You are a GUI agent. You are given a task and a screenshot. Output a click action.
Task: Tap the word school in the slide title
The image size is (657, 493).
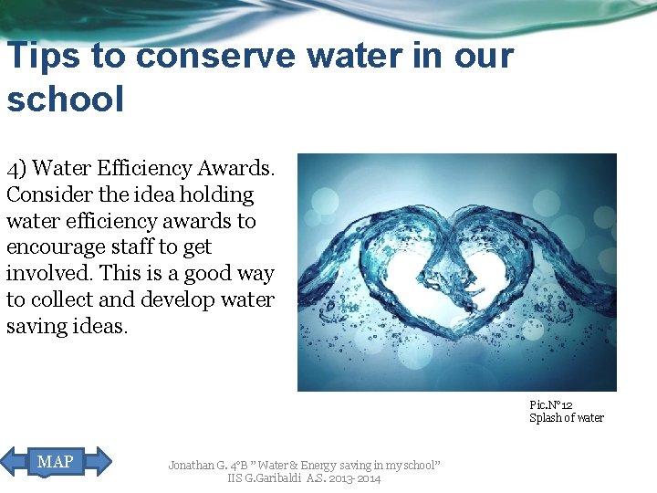pyautogui.click(x=65, y=100)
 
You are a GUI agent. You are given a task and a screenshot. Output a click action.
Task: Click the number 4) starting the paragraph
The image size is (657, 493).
pyautogui.click(x=17, y=169)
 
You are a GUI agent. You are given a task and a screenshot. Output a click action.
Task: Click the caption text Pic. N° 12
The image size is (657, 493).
pyautogui.click(x=551, y=404)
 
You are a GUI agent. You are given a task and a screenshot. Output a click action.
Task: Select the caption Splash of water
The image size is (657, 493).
pyautogui.click(x=567, y=418)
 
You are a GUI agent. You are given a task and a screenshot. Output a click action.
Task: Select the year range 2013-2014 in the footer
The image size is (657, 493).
pyautogui.click(x=356, y=478)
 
